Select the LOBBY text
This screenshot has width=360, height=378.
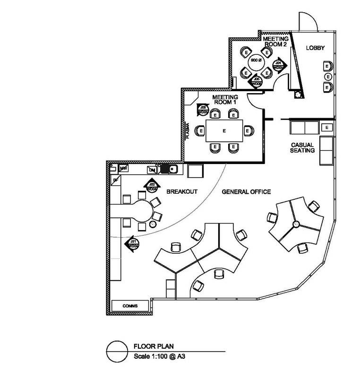(317, 48)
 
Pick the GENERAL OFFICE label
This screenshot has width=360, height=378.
(246, 192)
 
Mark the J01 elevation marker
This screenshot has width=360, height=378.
(133, 243)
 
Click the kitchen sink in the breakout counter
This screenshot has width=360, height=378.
(169, 168)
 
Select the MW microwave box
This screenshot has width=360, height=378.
(124, 168)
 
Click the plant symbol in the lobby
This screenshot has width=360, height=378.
(298, 95)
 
